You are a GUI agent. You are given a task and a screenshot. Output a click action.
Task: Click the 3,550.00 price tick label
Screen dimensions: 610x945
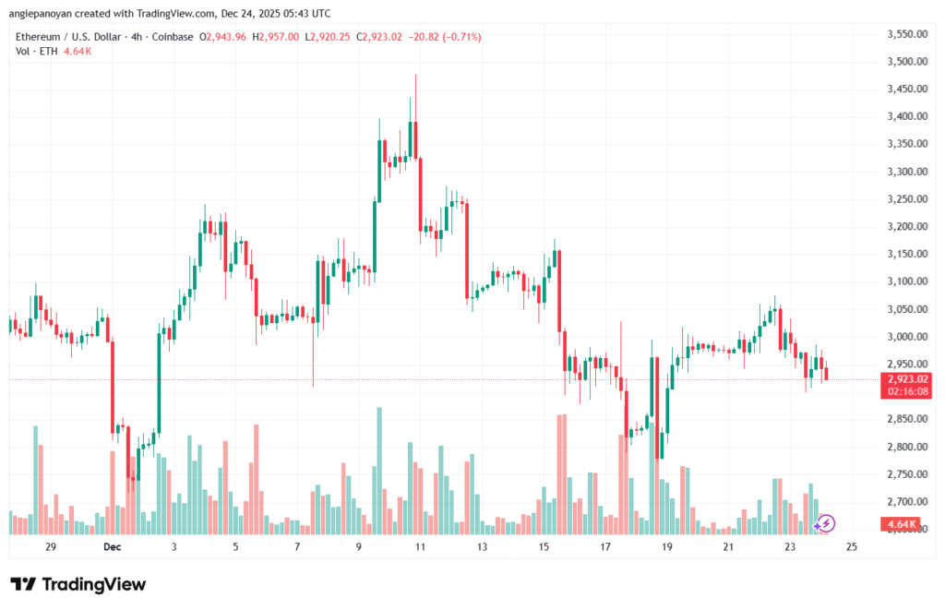click(906, 34)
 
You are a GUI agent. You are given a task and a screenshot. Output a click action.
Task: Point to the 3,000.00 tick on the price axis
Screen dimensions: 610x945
click(906, 337)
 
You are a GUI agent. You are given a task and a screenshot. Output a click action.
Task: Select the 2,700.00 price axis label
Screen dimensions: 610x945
click(906, 502)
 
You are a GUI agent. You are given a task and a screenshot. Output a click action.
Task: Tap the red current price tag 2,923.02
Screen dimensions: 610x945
click(906, 378)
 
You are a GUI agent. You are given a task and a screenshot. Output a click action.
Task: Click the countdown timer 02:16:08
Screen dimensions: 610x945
click(906, 391)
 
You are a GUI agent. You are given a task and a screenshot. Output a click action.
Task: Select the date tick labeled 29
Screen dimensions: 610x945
click(51, 547)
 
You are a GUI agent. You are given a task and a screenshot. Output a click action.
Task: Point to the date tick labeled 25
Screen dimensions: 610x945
click(852, 547)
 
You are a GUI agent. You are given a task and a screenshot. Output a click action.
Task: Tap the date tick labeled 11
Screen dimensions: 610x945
click(420, 547)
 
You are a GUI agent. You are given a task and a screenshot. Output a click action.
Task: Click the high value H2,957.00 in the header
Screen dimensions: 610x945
click(279, 37)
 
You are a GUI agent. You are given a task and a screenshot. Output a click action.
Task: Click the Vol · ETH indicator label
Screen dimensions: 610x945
click(35, 51)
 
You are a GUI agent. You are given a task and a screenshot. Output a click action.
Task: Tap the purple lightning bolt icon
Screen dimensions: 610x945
click(826, 523)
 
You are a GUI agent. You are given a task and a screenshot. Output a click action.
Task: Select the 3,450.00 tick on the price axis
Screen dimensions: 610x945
click(906, 89)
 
